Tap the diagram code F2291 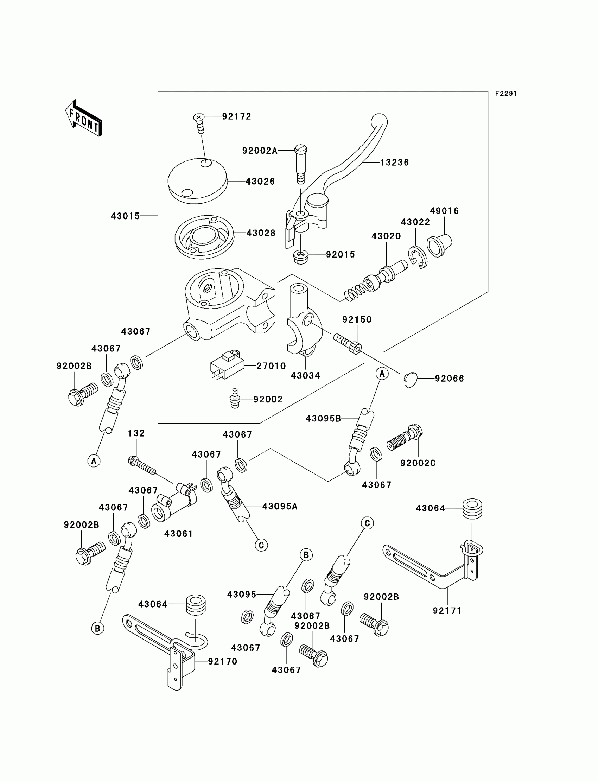(505, 94)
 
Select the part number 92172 (237, 116)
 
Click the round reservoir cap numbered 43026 (198, 180)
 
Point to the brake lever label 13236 (394, 162)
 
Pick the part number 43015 (125, 216)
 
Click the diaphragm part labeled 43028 (204, 236)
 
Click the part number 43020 (386, 236)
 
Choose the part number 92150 (357, 319)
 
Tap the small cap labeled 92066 (411, 380)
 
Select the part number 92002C (418, 463)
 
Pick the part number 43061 (178, 534)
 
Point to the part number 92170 (222, 661)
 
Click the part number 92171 (447, 611)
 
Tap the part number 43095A (280, 506)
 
